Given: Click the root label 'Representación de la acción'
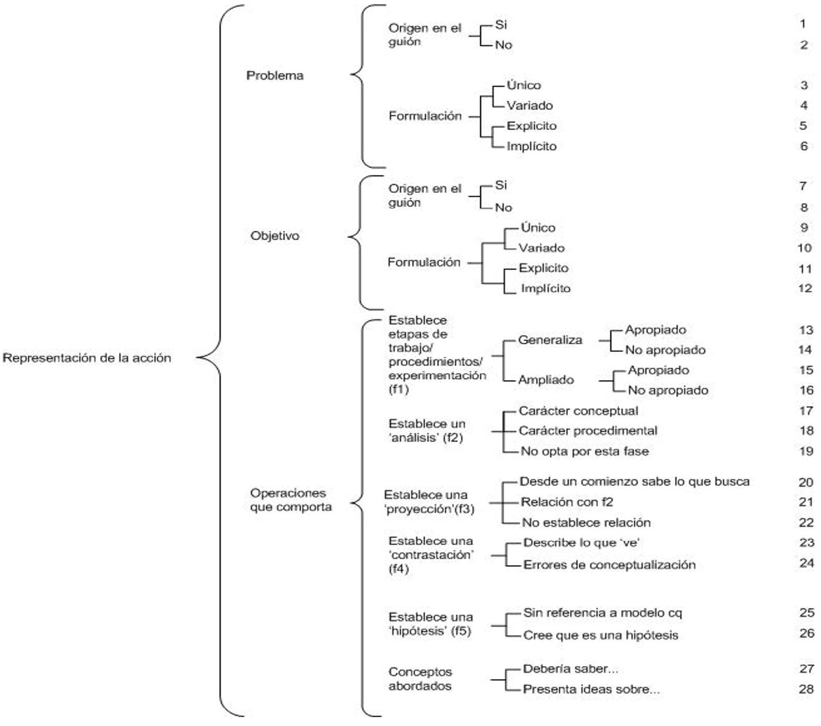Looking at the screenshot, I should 87,358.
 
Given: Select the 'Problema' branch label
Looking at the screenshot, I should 274,76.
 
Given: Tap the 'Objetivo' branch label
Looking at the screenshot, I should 274,236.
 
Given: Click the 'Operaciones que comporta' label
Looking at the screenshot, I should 290,500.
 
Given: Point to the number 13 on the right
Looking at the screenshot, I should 805,330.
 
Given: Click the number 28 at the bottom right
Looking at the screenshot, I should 806,689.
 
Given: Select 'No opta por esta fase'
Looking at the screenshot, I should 585,451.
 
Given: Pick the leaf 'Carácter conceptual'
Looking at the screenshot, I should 578,411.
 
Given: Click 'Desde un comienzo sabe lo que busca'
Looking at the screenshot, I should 634,482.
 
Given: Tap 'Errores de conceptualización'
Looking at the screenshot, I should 609,565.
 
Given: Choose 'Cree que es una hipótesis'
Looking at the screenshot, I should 601,635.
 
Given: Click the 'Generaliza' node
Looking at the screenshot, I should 550,340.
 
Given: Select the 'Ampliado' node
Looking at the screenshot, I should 546,380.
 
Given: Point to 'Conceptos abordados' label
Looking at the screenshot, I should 420,679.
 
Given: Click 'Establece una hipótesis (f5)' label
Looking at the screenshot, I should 430,624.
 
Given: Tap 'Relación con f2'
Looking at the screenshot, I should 566,502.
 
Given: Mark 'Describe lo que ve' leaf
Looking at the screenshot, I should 581,543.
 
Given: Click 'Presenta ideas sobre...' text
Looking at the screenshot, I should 591,689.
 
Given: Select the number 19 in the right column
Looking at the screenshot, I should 806,451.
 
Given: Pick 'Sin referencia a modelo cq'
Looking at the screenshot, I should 602,613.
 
